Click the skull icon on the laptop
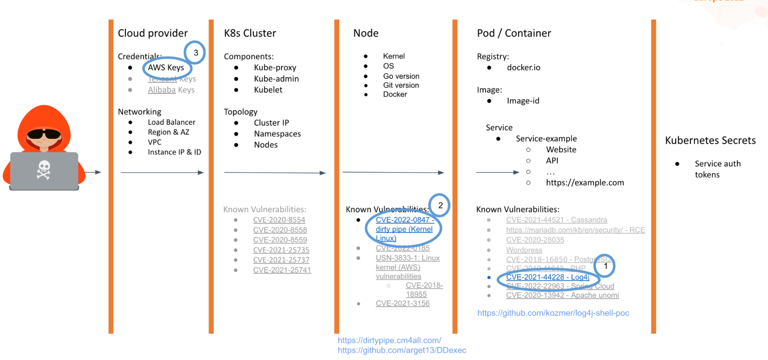[x=43, y=169]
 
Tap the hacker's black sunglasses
[x=43, y=134]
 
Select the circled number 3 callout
[x=195, y=53]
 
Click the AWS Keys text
[x=166, y=68]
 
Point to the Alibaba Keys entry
[x=171, y=90]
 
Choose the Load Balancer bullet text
[x=171, y=122]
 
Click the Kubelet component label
[x=268, y=90]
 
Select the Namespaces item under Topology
[x=277, y=134]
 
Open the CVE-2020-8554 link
[x=279, y=220]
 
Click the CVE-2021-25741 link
[x=282, y=270]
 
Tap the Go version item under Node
[x=401, y=76]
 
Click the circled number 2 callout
[x=440, y=206]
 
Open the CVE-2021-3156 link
[x=403, y=304]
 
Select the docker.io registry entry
[x=523, y=68]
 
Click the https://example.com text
[x=585, y=183]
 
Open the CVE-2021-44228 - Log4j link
[x=547, y=277]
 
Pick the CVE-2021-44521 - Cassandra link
[x=556, y=220]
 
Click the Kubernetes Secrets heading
[x=710, y=140]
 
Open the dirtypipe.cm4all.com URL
[x=389, y=340]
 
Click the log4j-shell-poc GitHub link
[x=553, y=313]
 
